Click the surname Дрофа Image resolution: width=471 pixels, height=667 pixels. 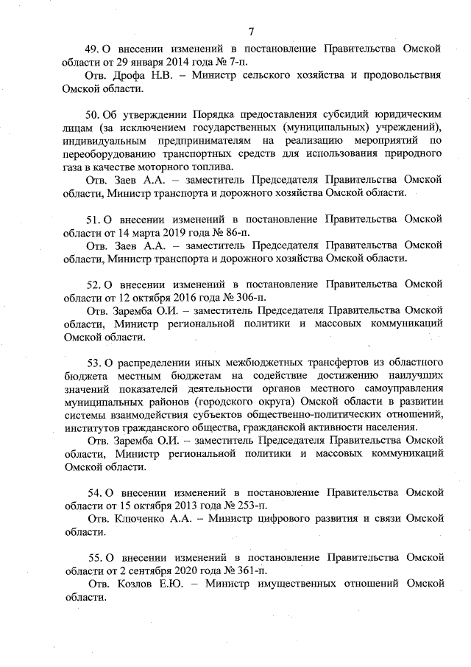tap(129, 75)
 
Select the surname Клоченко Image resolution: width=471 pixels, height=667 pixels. tap(140, 518)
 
